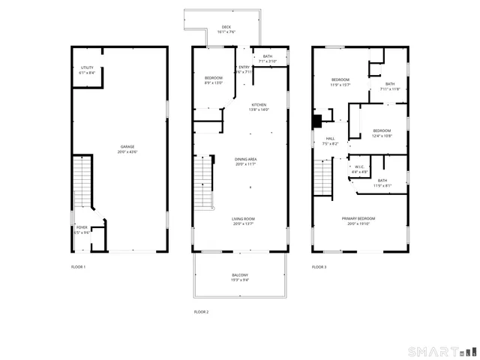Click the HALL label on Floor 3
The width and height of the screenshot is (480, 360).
point(330,140)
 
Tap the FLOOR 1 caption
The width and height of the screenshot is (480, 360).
point(79,267)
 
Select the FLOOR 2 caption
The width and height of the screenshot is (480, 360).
point(201,311)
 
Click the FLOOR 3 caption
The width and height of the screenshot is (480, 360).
point(320,267)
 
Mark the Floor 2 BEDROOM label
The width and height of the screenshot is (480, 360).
point(214,80)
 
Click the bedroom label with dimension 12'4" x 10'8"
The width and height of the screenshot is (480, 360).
point(382,133)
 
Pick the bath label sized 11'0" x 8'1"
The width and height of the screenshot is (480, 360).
point(382,182)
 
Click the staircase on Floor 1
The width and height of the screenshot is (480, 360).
point(82,183)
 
